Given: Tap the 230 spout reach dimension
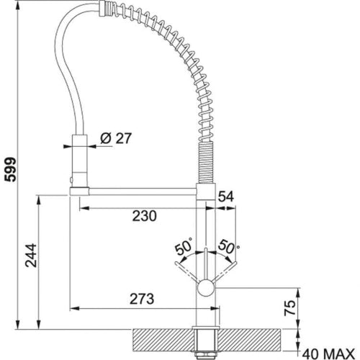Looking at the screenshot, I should tap(144, 215).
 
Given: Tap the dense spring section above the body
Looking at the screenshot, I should tap(207, 163).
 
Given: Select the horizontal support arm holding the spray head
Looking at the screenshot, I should tap(137, 191).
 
